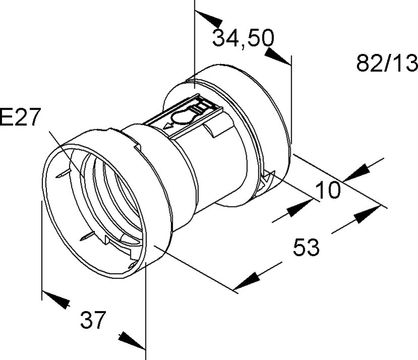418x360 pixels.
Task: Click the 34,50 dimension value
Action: pos(243,38)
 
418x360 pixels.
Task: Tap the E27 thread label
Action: pos(20,117)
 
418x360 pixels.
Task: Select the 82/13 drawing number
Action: pos(387,63)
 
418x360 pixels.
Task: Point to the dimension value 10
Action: pos(328,190)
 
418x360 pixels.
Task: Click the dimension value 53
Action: pos(306,247)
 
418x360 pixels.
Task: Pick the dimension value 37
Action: pos(93,320)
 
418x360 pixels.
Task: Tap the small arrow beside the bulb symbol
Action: pos(169,125)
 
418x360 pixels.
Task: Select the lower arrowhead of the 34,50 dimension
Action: pos(278,56)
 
